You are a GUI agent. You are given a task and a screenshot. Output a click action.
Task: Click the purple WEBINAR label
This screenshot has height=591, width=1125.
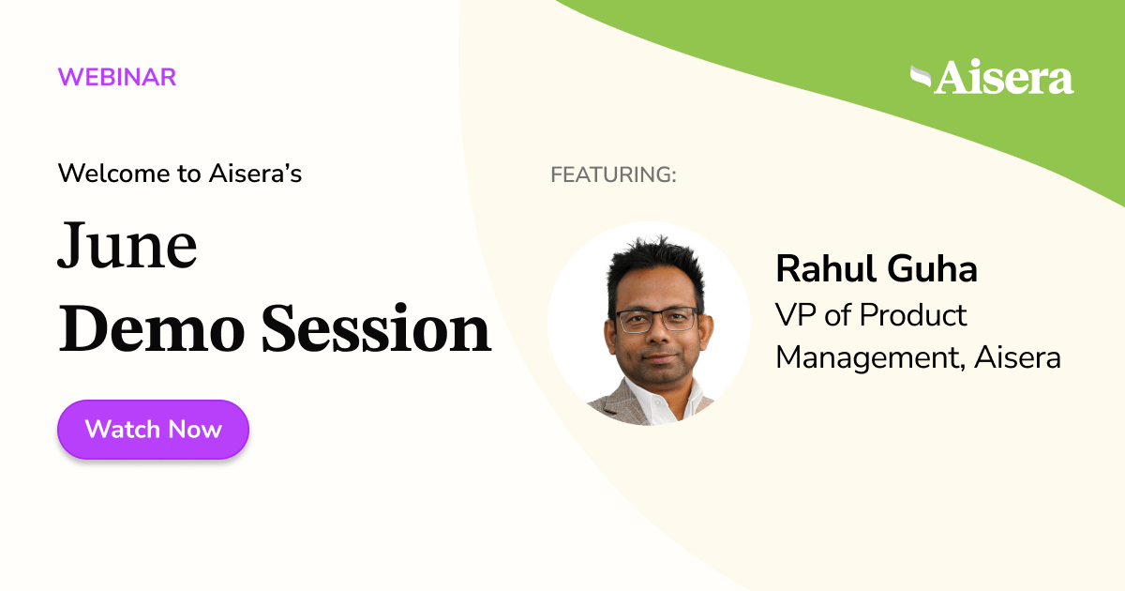117,77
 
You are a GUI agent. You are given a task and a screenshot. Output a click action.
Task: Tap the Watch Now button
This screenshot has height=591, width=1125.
153,430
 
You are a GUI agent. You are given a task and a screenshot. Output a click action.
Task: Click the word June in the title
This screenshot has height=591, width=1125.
127,248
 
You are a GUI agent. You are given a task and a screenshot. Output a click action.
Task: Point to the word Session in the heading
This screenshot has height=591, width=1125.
375,330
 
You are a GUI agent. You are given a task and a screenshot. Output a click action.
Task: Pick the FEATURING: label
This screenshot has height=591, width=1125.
613,174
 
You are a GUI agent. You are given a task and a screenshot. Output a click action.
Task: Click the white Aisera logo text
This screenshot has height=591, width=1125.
1004,79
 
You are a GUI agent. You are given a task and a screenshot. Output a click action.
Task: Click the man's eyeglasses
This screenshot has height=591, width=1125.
656,319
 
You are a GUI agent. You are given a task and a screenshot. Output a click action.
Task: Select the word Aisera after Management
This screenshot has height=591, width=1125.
1018,357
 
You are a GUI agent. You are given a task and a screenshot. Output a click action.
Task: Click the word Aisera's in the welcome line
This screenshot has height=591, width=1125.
262,174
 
